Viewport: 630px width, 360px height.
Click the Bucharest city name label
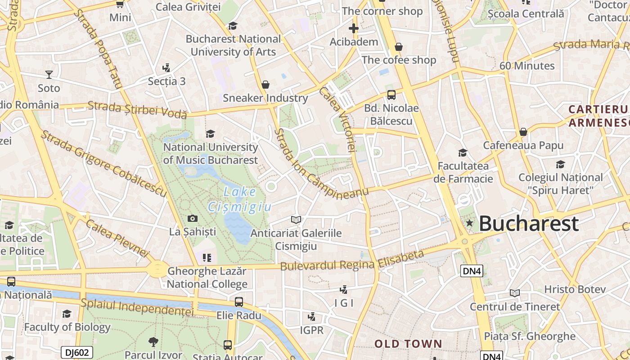(528, 224)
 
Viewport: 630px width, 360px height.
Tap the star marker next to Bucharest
(470, 223)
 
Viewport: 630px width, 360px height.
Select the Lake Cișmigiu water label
(240, 199)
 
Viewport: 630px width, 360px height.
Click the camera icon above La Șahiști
(192, 219)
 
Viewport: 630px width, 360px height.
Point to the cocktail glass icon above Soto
(49, 75)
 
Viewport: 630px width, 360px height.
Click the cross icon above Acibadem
(354, 29)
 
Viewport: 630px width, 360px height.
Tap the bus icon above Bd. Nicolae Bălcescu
(391, 95)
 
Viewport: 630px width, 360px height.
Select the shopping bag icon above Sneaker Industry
(265, 85)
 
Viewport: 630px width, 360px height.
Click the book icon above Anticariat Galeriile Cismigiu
(296, 220)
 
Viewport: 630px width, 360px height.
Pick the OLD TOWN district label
(409, 344)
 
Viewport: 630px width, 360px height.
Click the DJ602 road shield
(77, 352)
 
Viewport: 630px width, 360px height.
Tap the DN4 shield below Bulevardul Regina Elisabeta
(472, 270)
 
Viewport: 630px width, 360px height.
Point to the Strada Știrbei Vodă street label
(137, 110)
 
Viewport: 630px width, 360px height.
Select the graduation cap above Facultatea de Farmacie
(463, 153)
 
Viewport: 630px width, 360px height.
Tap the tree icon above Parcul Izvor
(153, 342)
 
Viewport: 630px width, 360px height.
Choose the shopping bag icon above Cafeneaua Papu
(523, 132)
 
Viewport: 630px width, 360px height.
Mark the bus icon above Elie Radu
(239, 302)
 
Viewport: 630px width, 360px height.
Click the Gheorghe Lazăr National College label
(207, 278)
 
